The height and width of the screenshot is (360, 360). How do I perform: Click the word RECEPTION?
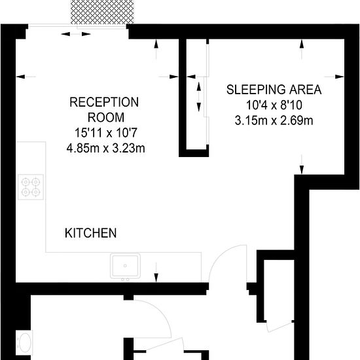[x=105, y=102]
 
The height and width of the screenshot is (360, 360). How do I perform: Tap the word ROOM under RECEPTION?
[x=105, y=118]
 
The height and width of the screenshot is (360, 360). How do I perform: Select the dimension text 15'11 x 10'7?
[x=105, y=134]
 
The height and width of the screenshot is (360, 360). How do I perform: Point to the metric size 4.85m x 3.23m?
[x=105, y=149]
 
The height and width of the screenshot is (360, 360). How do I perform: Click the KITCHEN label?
[x=90, y=233]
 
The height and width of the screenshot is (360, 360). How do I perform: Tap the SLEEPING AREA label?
[x=274, y=90]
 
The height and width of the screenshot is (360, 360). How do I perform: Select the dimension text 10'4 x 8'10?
[x=274, y=105]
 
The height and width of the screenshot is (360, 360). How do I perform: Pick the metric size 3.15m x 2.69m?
[x=274, y=120]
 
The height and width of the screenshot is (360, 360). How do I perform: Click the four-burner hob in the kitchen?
[x=31, y=187]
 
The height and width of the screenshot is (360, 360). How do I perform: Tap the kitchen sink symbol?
[x=124, y=266]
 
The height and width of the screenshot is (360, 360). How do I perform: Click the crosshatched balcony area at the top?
[x=98, y=11]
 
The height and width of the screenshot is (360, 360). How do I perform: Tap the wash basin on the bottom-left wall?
[x=25, y=342]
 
